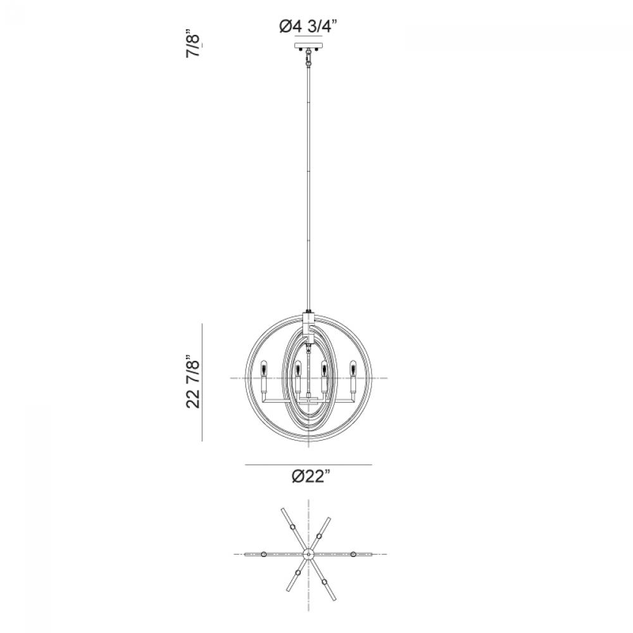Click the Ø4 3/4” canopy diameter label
click(x=308, y=27)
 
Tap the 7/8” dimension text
click(x=193, y=44)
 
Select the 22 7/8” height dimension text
click(x=193, y=382)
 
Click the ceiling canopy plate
click(x=308, y=45)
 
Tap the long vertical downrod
click(x=309, y=190)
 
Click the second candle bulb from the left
click(x=298, y=368)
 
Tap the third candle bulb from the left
click(x=323, y=368)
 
